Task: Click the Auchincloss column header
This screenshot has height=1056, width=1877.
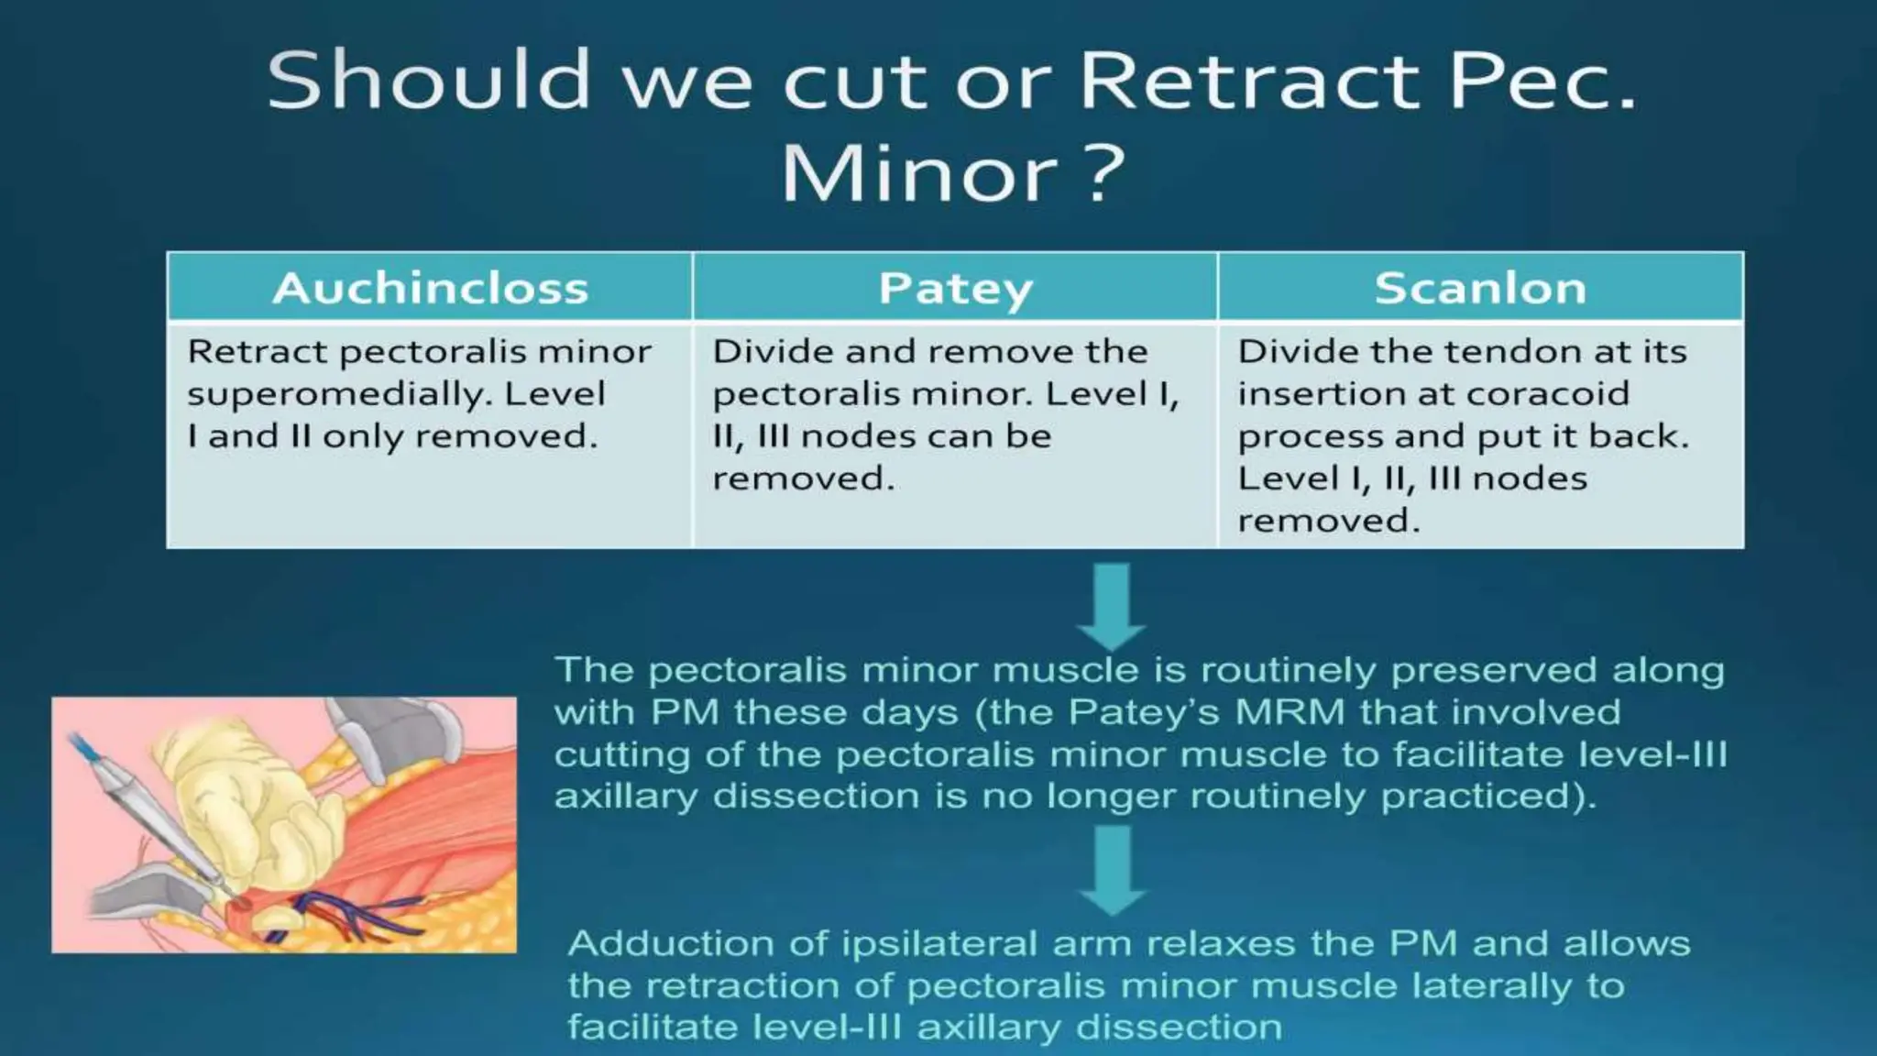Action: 430,288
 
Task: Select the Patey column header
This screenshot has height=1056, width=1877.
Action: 955,288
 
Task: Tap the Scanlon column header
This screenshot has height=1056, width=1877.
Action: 1480,288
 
